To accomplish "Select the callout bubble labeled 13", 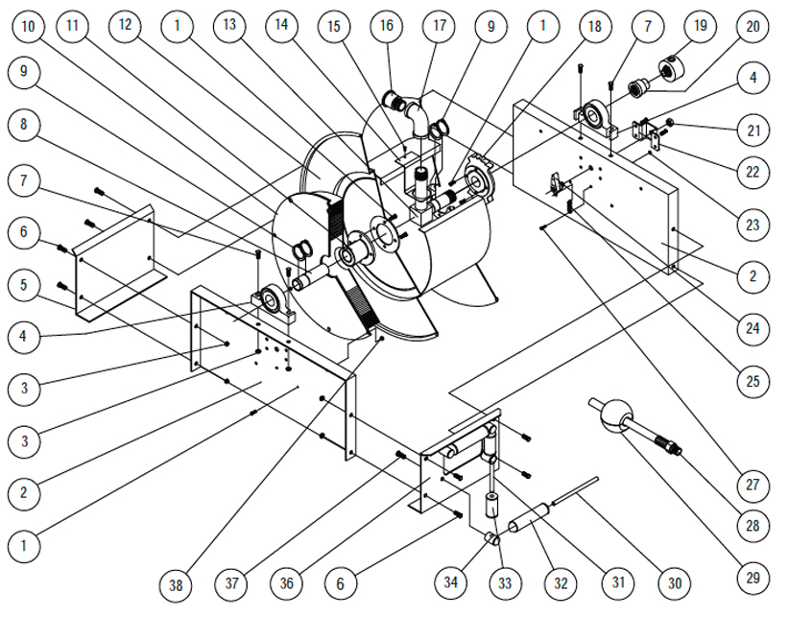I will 227,26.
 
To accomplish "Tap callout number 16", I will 387,26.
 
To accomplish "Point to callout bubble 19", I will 699,26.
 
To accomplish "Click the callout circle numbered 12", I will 124,26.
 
